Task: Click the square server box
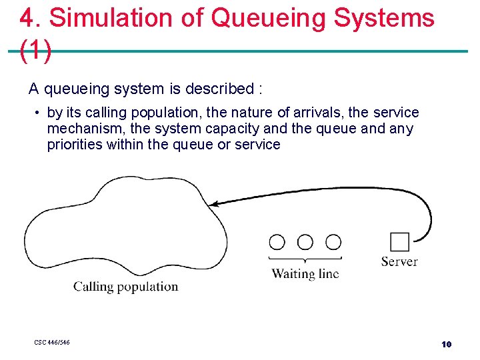click(399, 241)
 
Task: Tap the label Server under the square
click(399, 261)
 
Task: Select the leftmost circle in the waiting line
click(277, 242)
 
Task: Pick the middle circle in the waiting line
click(305, 242)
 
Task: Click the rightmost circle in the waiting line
click(333, 242)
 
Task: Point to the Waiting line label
click(305, 273)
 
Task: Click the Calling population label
click(125, 287)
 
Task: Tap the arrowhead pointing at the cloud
click(222, 203)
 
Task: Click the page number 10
click(446, 344)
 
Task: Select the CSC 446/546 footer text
click(52, 343)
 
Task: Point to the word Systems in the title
click(384, 18)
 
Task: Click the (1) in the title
click(35, 51)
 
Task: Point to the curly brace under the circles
click(305, 258)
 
